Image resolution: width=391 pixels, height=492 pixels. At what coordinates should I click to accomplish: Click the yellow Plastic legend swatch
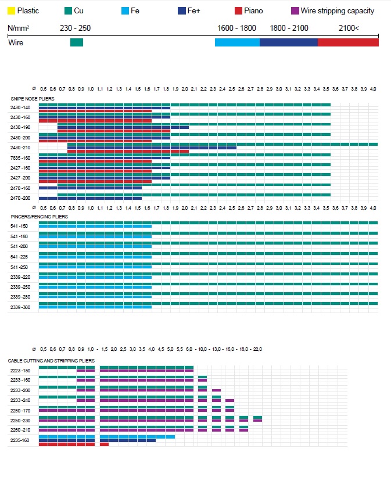pyautogui.click(x=12, y=10)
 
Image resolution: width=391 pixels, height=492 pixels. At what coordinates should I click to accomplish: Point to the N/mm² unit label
pyautogui.click(x=19, y=28)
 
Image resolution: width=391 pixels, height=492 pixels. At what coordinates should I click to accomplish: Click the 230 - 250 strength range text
pyautogui.click(x=75, y=28)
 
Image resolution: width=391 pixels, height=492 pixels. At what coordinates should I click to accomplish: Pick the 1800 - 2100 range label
pyautogui.click(x=289, y=28)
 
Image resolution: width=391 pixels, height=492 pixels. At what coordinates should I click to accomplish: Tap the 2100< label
pyautogui.click(x=349, y=28)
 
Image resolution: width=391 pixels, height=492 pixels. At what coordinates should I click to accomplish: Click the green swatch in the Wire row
pyautogui.click(x=76, y=42)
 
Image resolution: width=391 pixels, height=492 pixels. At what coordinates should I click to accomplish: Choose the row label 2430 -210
pyautogui.click(x=20, y=148)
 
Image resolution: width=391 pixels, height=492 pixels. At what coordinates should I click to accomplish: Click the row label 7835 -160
pyautogui.click(x=20, y=158)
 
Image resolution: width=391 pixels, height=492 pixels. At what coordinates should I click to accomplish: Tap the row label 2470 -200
pyautogui.click(x=20, y=198)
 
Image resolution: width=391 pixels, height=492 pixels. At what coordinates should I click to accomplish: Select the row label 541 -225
pyautogui.click(x=19, y=256)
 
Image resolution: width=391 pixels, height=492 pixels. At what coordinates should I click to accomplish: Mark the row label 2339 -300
pyautogui.click(x=20, y=307)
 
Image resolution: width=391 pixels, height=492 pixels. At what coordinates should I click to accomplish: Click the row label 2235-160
pyautogui.click(x=20, y=440)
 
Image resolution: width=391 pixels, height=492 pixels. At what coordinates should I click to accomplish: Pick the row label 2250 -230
pyautogui.click(x=20, y=420)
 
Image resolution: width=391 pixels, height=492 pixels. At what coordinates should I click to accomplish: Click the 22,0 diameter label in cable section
pyautogui.click(x=257, y=349)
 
